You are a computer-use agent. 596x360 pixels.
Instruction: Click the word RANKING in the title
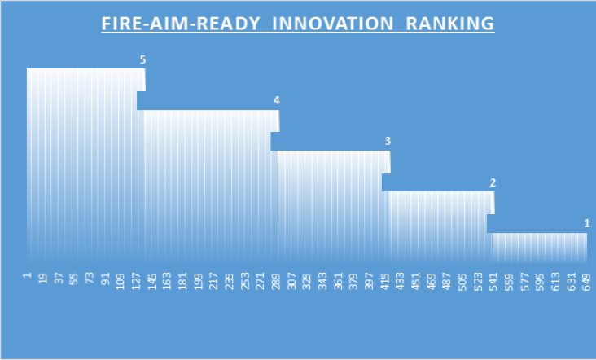(x=449, y=24)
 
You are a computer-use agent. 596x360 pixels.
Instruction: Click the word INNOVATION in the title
(x=332, y=24)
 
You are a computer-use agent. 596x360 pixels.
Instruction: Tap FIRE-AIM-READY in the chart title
(x=181, y=24)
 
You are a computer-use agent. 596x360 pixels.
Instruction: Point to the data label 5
(x=142, y=59)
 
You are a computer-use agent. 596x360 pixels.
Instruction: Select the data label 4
(x=276, y=100)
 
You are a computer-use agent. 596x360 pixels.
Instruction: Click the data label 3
(x=388, y=141)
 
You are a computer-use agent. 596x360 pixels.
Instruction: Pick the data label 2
(x=493, y=183)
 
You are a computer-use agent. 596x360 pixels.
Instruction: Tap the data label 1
(x=587, y=223)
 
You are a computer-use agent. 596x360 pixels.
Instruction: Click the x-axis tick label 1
(x=27, y=275)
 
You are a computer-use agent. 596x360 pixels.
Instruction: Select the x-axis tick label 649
(x=586, y=282)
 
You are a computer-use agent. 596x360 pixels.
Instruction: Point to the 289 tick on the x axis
(x=275, y=282)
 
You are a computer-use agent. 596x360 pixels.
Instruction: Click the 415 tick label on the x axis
(x=384, y=282)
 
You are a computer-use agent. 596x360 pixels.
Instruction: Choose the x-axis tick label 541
(x=493, y=282)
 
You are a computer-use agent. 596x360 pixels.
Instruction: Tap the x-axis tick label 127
(x=136, y=282)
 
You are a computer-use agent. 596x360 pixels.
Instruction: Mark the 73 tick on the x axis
(x=90, y=279)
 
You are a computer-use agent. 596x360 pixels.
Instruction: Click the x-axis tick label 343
(x=322, y=282)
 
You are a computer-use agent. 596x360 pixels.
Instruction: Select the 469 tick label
(x=431, y=282)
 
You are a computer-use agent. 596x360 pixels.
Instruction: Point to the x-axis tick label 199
(x=198, y=282)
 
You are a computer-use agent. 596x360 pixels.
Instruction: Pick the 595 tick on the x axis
(x=539, y=282)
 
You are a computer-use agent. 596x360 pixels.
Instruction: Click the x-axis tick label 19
(x=42, y=279)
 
